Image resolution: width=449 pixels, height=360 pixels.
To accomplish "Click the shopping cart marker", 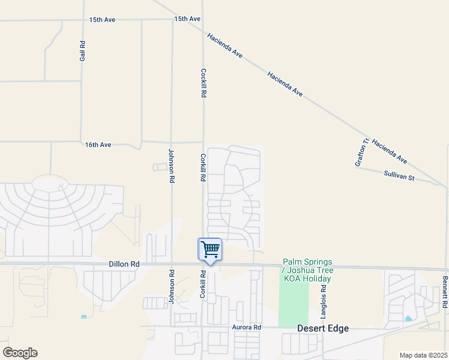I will coord(210,249).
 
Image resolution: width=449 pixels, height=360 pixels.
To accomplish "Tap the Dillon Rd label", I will coord(124,264).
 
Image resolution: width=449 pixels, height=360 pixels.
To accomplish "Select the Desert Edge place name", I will coord(323,328).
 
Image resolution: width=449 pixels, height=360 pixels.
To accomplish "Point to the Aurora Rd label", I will coord(247,328).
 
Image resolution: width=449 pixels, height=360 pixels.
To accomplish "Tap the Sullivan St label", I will coord(399,176).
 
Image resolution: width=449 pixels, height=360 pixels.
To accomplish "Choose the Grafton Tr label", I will coord(363,153).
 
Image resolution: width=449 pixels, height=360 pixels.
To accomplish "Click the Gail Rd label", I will coord(83,50).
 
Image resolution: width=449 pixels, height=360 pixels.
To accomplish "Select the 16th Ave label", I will coord(98,145).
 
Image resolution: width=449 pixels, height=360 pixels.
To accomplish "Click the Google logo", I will coord(20,353).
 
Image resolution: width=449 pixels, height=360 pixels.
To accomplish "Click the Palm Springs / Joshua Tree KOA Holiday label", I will coord(307,271).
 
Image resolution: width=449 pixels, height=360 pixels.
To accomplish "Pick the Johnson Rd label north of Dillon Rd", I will coord(172,166).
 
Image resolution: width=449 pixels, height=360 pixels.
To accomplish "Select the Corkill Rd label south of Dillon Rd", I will coord(203,284).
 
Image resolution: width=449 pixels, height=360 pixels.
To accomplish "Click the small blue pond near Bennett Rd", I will coord(408,319).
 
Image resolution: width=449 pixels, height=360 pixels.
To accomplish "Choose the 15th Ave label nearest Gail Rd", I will coord(102,20).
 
